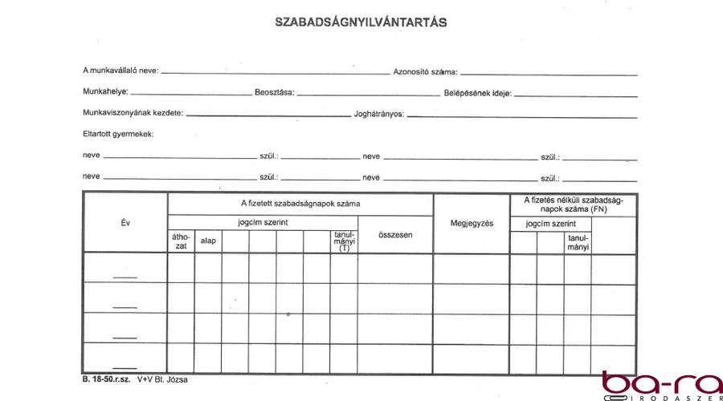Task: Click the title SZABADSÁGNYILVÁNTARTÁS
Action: point(361,23)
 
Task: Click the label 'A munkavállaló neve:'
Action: point(120,71)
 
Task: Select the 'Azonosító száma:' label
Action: point(425,71)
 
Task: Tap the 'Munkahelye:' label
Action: point(105,92)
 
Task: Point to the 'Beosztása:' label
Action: point(275,92)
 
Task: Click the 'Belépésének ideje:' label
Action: point(477,92)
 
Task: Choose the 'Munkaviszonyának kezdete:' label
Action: point(133,113)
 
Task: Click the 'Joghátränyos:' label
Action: point(378,114)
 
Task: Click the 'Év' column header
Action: point(125,222)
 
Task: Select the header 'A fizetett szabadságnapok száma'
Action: point(300,204)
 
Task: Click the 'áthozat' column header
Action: point(181,241)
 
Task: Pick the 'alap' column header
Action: point(208,241)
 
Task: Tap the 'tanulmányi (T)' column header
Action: point(344,241)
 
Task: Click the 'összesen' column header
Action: point(395,235)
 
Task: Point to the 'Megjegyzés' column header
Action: point(472,222)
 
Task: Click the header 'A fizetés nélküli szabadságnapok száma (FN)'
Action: point(573,204)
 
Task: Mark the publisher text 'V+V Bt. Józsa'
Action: point(161,379)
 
